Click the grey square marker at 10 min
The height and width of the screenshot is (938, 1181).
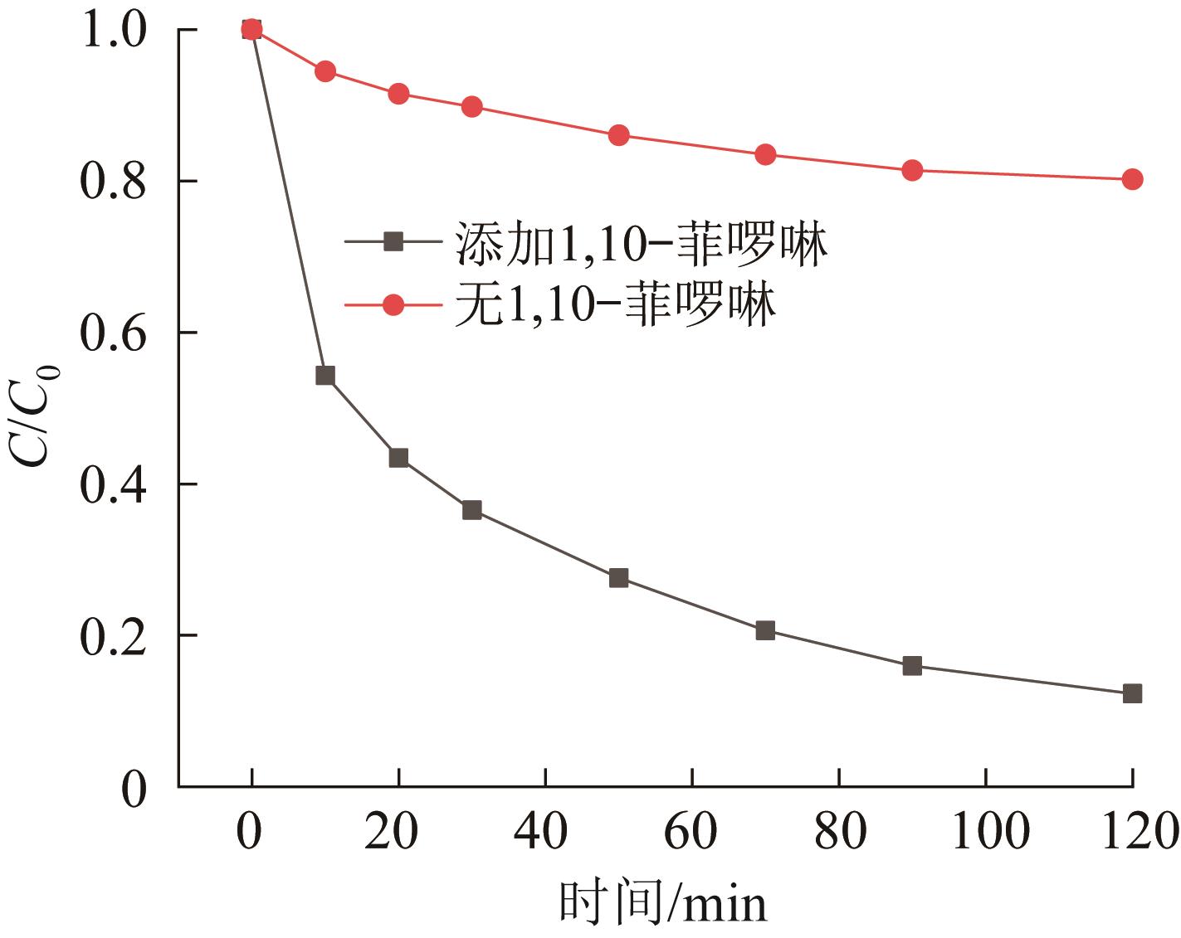tap(325, 376)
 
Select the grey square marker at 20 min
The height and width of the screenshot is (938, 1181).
tap(398, 458)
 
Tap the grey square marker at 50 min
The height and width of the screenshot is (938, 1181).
tap(618, 578)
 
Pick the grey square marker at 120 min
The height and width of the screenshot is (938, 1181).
tap(1132, 693)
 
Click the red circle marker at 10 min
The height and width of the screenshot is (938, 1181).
tap(325, 71)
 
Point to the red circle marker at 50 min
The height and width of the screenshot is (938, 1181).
tap(618, 135)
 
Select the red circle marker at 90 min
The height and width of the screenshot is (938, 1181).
tap(912, 171)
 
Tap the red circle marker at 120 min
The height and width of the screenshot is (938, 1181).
tap(1132, 179)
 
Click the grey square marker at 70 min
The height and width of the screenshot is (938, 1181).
tap(765, 630)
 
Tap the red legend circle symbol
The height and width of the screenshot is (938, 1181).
tap(394, 305)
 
